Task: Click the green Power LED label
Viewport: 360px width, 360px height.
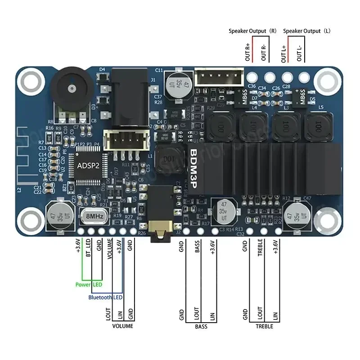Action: (88, 284)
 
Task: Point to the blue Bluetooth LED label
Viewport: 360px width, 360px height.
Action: (105, 297)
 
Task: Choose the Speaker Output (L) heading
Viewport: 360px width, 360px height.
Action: (307, 31)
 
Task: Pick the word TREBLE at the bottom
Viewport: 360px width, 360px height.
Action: (264, 326)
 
